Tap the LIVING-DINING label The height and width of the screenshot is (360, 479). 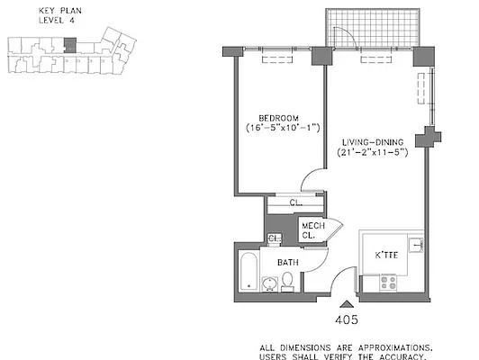coord(375,141)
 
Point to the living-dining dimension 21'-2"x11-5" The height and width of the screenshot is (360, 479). coord(375,152)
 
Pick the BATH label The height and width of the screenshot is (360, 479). coord(287,263)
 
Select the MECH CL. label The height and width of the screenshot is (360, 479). coord(312,230)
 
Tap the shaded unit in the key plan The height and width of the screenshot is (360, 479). coord(68,43)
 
